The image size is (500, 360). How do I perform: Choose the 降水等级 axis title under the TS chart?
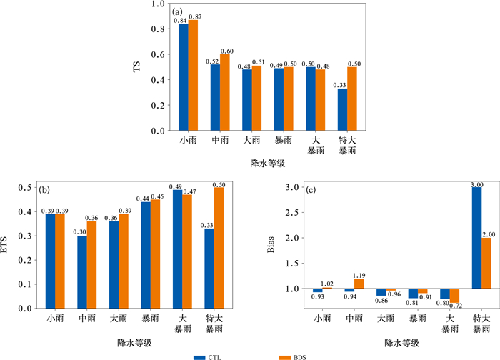tap(268, 164)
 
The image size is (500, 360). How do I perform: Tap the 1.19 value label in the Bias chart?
tap(360, 274)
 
